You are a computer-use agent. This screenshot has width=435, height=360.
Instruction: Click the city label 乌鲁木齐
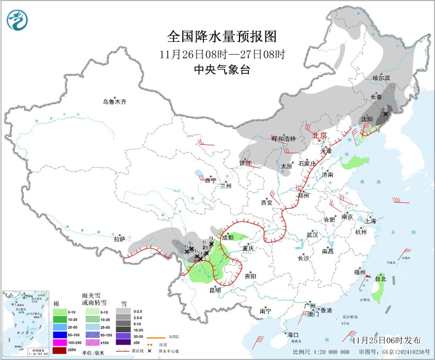tap(115, 102)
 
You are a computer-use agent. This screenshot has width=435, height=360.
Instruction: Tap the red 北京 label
tap(320, 135)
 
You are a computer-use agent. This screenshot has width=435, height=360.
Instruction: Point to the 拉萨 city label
tap(119, 239)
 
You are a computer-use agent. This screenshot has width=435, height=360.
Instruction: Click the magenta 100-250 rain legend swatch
tap(60, 344)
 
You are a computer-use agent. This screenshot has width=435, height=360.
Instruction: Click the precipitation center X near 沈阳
tap(385, 113)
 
